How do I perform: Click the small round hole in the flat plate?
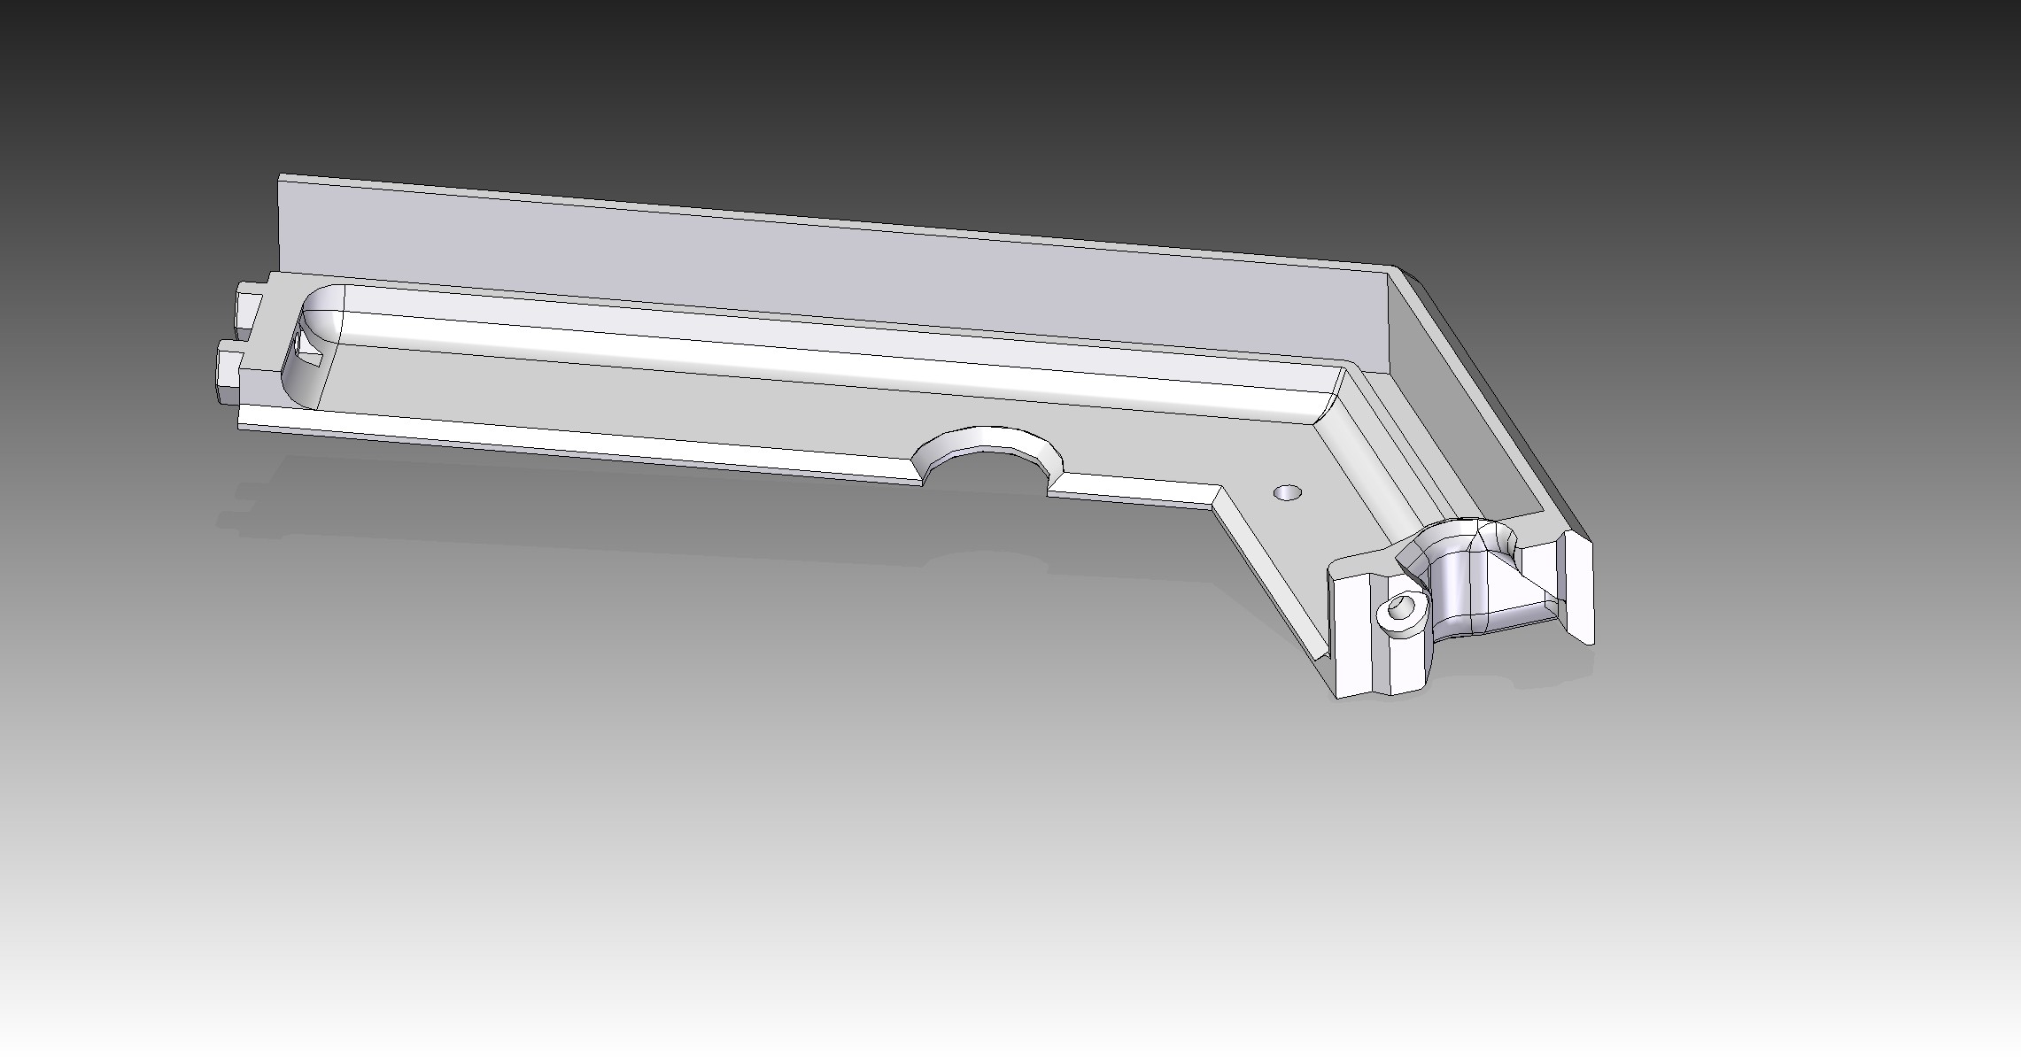click(x=1287, y=491)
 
